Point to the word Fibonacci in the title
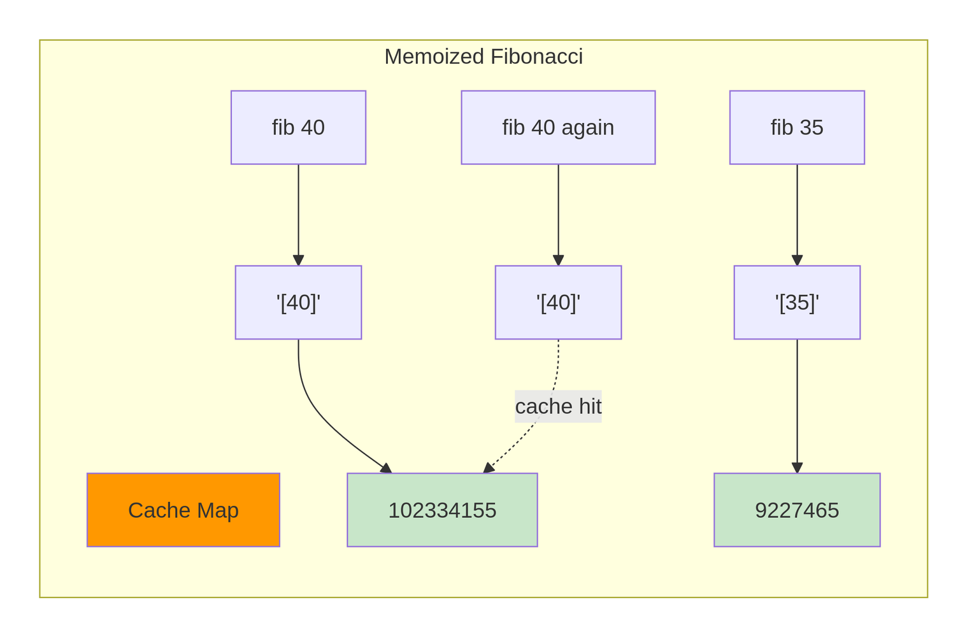pos(536,57)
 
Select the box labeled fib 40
pos(298,127)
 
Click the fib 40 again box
pos(558,127)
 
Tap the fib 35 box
pos(797,127)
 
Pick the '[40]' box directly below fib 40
pos(298,303)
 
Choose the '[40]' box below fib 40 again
pos(558,303)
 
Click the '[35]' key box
pos(797,303)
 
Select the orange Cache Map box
pos(183,510)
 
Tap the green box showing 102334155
pos(442,510)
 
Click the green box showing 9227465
pos(797,510)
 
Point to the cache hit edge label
pos(558,406)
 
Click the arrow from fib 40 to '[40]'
pos(298,215)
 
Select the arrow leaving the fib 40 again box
pos(558,215)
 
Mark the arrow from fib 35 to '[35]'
pos(797,215)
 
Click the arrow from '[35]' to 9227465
pos(797,406)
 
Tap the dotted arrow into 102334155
pos(545,414)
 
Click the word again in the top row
pos(587,128)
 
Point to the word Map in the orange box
pos(218,511)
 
